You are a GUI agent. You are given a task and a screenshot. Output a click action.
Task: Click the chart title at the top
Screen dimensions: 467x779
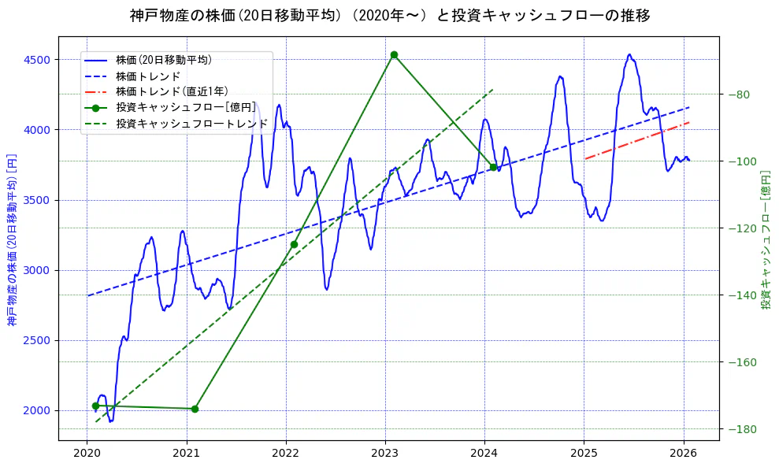(x=389, y=15)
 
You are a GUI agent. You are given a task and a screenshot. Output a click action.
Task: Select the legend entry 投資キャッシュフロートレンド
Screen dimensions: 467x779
(x=191, y=124)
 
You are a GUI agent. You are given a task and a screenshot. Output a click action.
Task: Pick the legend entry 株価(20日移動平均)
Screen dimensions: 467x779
(x=163, y=59)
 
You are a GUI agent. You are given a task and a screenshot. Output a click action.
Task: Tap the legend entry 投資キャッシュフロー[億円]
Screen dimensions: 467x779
(x=185, y=107)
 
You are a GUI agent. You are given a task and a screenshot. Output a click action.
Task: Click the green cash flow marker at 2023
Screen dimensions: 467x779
(x=394, y=54)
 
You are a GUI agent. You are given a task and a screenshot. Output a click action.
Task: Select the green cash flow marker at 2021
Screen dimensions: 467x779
(x=195, y=409)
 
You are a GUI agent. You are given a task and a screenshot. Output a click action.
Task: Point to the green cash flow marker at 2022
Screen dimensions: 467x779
(x=294, y=244)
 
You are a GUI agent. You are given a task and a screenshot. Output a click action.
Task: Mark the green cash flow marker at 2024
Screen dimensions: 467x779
(x=493, y=167)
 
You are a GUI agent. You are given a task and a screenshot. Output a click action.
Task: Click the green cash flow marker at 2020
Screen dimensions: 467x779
(x=95, y=406)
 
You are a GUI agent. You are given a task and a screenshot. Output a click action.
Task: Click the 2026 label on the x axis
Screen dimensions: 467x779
(x=683, y=453)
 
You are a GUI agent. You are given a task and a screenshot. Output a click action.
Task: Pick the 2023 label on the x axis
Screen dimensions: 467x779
(x=385, y=453)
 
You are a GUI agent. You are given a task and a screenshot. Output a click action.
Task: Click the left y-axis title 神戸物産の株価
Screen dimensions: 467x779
(x=12, y=239)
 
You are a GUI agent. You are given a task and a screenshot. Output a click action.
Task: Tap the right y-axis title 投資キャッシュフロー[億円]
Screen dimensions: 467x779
(x=766, y=239)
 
